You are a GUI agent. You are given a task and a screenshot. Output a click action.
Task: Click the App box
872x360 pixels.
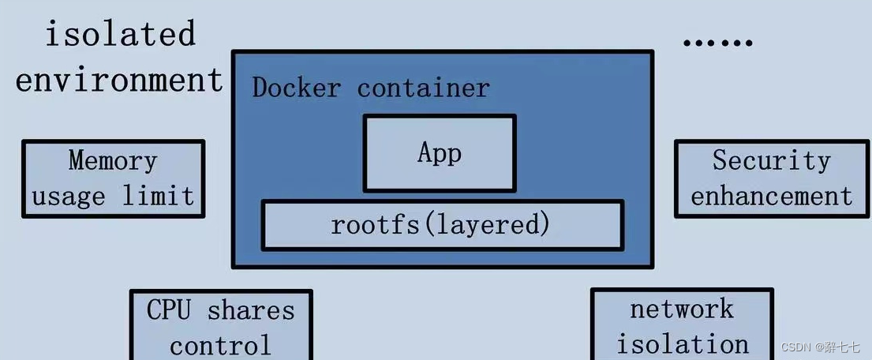[439, 153]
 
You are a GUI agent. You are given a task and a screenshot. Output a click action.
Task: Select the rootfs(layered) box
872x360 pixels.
[442, 225]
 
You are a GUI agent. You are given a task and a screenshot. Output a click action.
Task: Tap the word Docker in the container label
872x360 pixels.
[296, 88]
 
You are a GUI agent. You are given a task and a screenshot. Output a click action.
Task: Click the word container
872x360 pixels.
[424, 88]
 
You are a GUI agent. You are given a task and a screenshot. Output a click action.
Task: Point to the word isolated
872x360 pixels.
[119, 35]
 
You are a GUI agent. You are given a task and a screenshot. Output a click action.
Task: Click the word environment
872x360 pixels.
[119, 80]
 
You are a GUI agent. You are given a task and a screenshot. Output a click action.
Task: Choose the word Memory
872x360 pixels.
[113, 161]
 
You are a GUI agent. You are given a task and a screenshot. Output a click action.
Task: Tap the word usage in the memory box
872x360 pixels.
[69, 196]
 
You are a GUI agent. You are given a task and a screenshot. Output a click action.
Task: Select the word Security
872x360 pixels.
[771, 161]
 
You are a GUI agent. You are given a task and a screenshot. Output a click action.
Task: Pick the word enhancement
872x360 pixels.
[771, 196]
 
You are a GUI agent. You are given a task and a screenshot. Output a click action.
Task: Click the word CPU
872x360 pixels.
[169, 310]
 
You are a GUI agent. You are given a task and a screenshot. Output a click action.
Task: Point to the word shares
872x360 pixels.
[251, 310]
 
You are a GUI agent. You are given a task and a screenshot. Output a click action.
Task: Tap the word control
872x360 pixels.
[220, 345]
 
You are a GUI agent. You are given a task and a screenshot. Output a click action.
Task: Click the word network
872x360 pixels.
[682, 309]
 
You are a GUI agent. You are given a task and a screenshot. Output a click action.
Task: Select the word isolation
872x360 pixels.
[682, 343]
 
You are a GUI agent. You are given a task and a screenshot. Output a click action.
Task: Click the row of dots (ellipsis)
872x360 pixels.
[717, 41]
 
